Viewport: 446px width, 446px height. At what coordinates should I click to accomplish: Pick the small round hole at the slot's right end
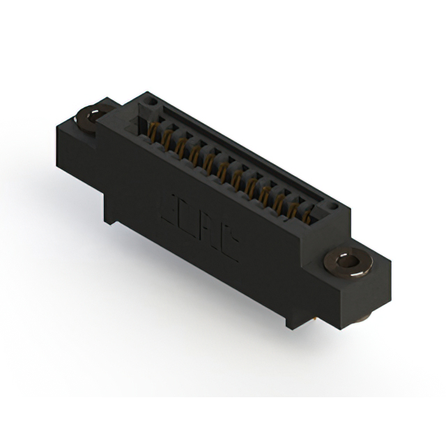point(334,207)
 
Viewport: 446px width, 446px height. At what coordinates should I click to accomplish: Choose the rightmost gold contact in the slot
point(307,216)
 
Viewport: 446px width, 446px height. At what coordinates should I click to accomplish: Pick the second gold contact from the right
point(293,208)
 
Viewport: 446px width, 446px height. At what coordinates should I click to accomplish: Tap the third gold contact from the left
point(180,146)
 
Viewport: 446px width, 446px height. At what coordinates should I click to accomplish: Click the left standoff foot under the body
point(109,220)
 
